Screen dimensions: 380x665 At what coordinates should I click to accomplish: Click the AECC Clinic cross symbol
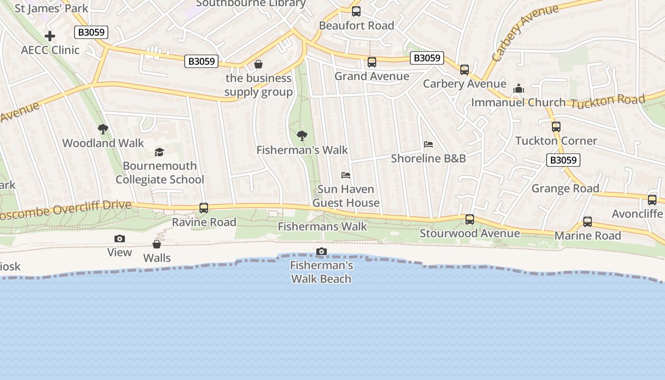point(50,36)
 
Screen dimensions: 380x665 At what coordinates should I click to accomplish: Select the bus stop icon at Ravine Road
point(204,208)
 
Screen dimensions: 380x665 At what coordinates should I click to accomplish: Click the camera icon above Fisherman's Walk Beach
point(322,251)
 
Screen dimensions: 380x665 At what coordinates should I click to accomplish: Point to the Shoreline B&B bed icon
point(428,144)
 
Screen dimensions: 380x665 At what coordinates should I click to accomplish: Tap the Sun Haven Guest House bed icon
point(346,175)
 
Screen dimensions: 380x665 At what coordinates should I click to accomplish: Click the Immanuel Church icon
point(519,89)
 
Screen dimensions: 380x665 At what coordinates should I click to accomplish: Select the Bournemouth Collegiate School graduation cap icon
point(160,152)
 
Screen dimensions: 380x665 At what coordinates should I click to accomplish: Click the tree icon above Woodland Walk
point(103,129)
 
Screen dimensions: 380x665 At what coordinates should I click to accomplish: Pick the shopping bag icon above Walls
point(157,244)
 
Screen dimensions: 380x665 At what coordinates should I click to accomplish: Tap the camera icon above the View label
point(120,238)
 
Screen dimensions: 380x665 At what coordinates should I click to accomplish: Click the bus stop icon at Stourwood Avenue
point(470,219)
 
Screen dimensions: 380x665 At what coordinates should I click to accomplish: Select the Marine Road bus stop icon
point(588,222)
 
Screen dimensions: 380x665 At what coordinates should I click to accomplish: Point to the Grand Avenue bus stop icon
point(372,62)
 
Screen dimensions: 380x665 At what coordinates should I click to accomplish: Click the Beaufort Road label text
point(356,26)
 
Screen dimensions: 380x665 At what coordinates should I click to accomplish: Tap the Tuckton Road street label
point(608,101)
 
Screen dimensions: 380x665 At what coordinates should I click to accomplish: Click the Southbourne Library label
point(251,3)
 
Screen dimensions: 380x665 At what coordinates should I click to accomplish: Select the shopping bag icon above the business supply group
point(258,64)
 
